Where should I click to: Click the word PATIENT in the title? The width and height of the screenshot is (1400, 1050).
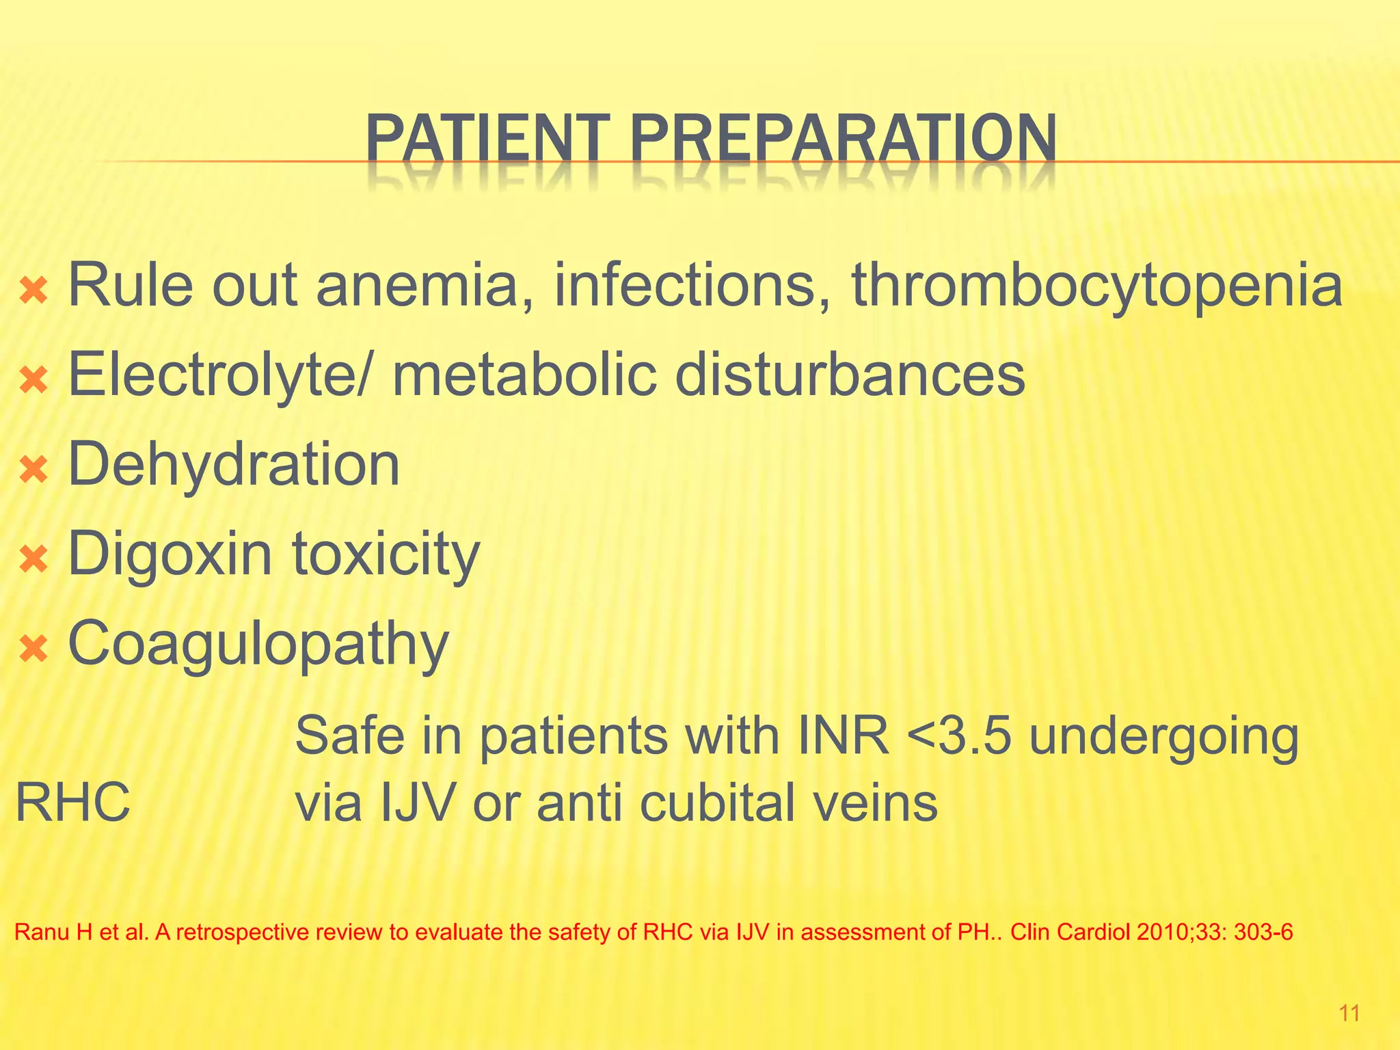coord(487,139)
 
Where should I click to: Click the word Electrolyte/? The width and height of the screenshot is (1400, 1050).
coord(221,376)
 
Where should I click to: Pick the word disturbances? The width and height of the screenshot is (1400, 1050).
coord(850,375)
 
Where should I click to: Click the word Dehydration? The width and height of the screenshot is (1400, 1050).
coord(234,465)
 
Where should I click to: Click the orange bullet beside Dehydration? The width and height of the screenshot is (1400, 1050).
coord(33,470)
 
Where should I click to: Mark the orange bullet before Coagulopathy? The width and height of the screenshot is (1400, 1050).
coord(33,649)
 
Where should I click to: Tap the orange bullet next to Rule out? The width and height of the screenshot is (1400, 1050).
coord(33,291)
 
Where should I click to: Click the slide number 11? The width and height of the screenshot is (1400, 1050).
coord(1349,1013)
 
